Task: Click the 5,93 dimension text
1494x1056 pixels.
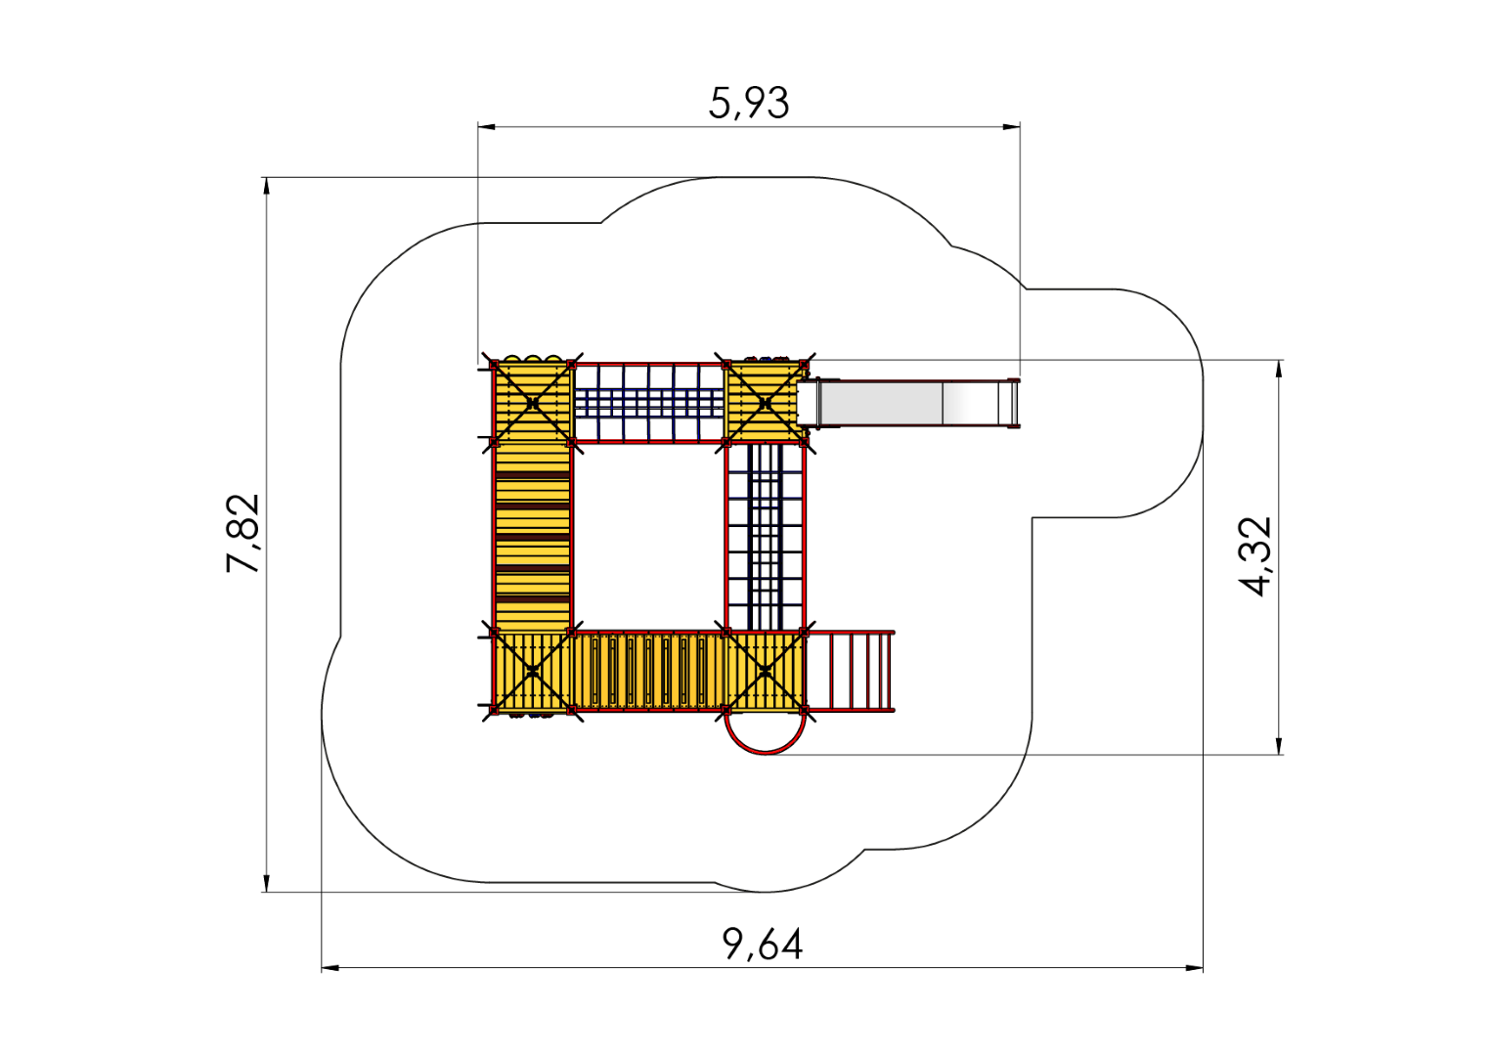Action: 748,104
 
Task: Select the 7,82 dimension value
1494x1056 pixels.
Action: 242,533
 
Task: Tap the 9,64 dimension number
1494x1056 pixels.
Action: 763,944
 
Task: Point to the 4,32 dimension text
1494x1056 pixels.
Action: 1255,556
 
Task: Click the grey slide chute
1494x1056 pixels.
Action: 908,402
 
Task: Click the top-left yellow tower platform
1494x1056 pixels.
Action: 532,402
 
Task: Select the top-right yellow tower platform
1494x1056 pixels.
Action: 765,402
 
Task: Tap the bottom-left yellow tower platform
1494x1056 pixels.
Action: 532,671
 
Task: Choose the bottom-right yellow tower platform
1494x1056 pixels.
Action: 765,671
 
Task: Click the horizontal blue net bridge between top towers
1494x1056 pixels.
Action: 649,402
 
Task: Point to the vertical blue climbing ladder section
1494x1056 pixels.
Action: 765,537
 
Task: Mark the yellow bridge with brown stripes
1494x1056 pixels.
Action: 532,537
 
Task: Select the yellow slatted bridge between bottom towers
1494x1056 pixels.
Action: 649,671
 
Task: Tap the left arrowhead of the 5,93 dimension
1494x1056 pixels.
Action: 486,126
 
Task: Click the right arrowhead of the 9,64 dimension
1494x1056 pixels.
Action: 1195,968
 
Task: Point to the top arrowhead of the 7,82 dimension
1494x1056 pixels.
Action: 267,186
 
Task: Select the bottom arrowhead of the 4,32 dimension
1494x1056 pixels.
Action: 1279,746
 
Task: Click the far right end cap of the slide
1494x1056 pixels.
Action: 1015,403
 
